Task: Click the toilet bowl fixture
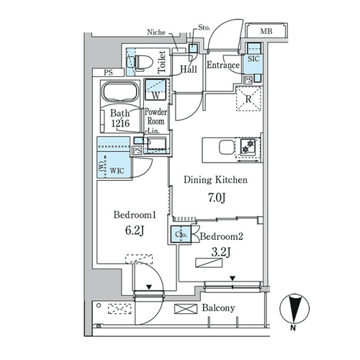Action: [144, 63]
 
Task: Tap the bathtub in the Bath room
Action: [120, 91]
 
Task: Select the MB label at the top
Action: [266, 31]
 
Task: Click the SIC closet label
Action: [253, 59]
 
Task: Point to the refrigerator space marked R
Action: [248, 99]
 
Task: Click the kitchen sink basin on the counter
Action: [227, 147]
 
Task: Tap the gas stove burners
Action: [248, 147]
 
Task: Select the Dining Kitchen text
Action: [215, 180]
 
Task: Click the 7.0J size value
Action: [217, 198]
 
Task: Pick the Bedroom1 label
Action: [135, 215]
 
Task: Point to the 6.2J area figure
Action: [135, 230]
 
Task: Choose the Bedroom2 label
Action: [221, 236]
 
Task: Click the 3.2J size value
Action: [221, 252]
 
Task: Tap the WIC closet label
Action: [117, 171]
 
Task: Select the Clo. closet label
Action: [181, 234]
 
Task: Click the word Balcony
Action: [218, 308]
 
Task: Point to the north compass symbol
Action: [294, 309]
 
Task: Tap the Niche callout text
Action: [156, 32]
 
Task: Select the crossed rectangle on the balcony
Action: [186, 309]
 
